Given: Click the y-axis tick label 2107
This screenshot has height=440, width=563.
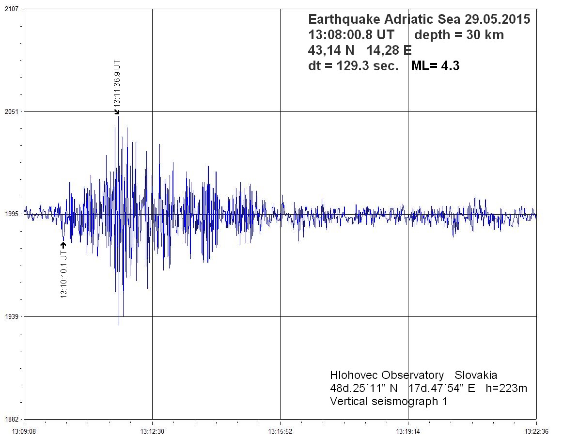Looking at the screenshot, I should coord(11,9).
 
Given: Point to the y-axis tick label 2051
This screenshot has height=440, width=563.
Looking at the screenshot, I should coord(11,111).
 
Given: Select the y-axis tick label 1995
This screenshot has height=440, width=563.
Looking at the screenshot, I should coord(11,214).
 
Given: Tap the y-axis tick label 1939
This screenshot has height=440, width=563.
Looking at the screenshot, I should coord(11,316).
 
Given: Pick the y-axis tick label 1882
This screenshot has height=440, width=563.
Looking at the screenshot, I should coord(11,419).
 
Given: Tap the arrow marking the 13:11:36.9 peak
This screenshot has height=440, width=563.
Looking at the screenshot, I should coord(117,112).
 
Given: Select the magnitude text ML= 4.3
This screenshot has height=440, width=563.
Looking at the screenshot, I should coord(435,66).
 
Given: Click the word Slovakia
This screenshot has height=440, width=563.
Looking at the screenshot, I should coord(476,376).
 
